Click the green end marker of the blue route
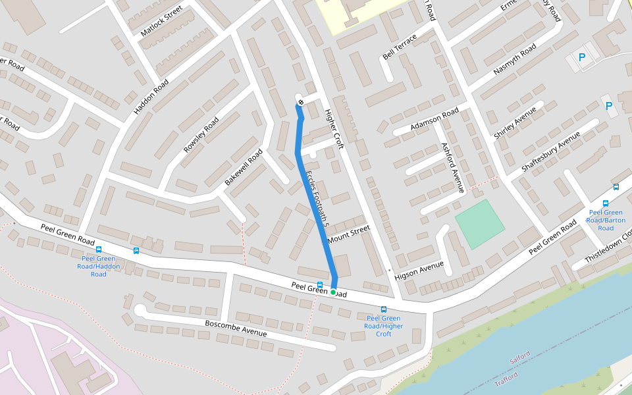coord(333,292)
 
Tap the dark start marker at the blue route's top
coord(300,102)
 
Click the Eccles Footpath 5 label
coord(317,195)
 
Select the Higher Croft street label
coord(334,129)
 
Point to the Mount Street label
coord(349,233)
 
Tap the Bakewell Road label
coord(244,167)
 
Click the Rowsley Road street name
coord(201,135)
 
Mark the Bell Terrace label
coord(400,47)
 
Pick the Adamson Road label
coord(434,119)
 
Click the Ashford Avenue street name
coord(453,168)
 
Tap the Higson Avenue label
coord(419,271)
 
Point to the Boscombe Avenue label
coord(236,328)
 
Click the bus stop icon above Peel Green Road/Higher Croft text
coord(384,309)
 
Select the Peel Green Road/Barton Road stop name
coord(606,220)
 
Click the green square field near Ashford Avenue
coord(480,224)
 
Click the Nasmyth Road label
coord(515,61)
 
